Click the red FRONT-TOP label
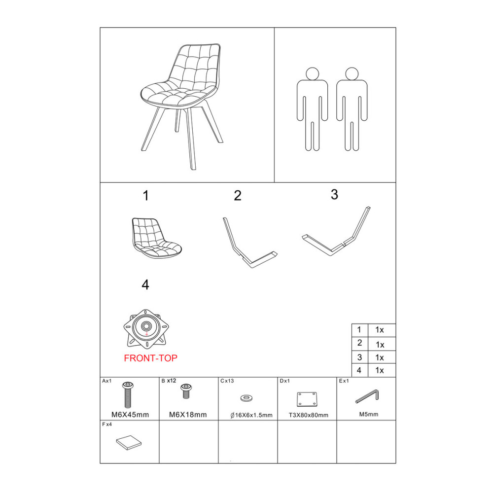click(150, 358)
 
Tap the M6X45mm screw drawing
click(128, 394)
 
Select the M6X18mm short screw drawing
click(186, 391)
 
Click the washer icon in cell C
click(246, 398)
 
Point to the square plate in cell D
click(307, 399)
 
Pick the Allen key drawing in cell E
click(367, 396)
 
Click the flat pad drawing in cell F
click(129, 442)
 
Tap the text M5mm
click(369, 415)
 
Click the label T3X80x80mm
click(309, 415)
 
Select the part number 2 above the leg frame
click(238, 196)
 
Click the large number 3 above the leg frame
click(335, 195)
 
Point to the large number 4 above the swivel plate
click(145, 285)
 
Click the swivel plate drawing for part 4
click(146, 329)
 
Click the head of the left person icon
click(312, 74)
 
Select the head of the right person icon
click(352, 74)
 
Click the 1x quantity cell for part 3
click(380, 358)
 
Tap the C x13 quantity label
click(227, 381)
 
